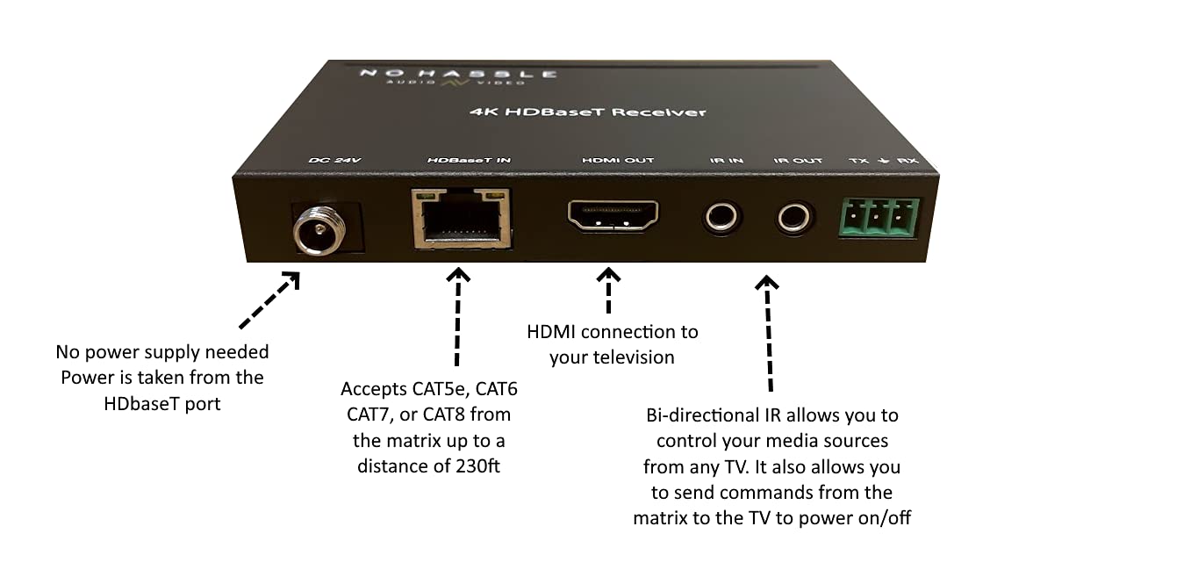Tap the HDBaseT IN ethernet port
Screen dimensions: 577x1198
(461, 217)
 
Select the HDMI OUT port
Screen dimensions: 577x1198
(613, 215)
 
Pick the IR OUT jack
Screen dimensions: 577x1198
(794, 216)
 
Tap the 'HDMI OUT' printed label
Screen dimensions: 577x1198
(617, 161)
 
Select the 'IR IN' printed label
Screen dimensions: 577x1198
(726, 161)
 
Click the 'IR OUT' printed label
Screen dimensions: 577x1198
(798, 161)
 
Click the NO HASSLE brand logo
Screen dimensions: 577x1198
(456, 76)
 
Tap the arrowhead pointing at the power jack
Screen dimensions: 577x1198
(291, 280)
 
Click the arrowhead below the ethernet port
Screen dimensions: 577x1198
(458, 276)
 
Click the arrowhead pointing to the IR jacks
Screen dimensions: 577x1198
(767, 282)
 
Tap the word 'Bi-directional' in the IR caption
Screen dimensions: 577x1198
(700, 415)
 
